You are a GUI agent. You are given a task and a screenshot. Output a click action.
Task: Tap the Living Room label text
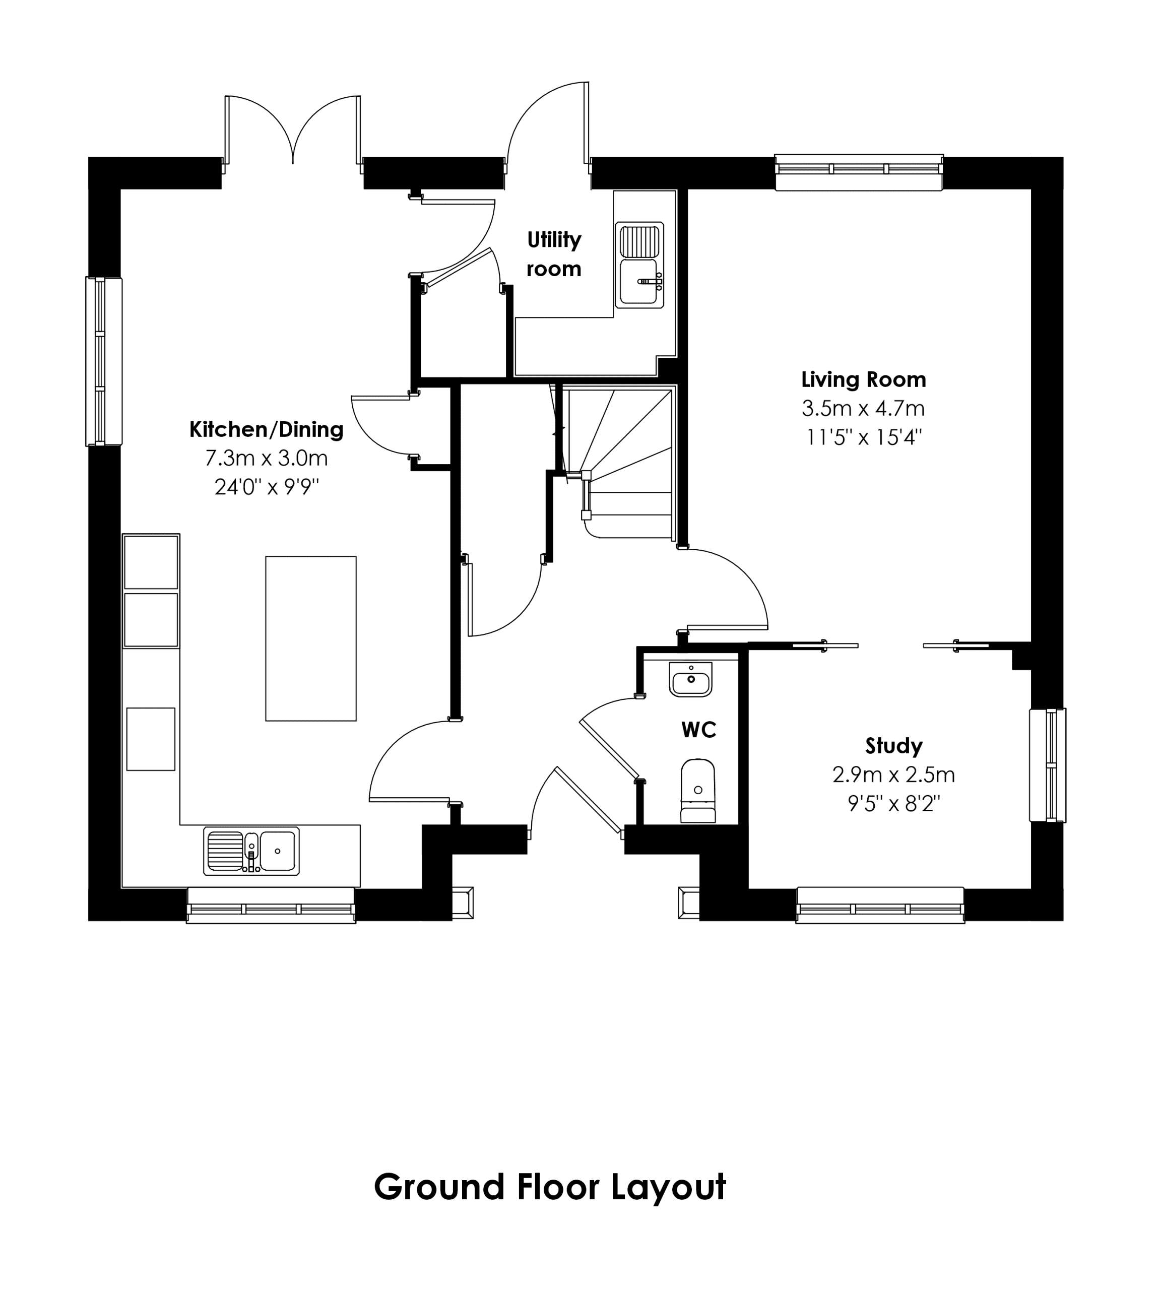(864, 380)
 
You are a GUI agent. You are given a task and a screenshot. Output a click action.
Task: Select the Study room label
(893, 746)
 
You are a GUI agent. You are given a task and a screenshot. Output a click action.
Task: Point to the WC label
(698, 730)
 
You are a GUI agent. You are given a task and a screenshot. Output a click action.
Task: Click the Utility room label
(554, 254)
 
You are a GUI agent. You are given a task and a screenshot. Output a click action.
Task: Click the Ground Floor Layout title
(549, 1187)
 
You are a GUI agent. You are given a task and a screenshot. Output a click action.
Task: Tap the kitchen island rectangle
(311, 638)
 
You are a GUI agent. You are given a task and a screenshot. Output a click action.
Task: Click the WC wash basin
(691, 679)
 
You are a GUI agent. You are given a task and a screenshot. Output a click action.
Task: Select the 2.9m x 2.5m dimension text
(893, 775)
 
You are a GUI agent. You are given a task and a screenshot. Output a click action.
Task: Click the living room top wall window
(859, 172)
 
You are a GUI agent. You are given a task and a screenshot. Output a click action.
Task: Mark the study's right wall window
(1048, 765)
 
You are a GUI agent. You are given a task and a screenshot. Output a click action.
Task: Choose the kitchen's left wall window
(104, 361)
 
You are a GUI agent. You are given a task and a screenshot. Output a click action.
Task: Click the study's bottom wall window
(880, 905)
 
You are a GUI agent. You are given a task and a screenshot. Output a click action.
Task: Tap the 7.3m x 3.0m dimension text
(267, 458)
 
